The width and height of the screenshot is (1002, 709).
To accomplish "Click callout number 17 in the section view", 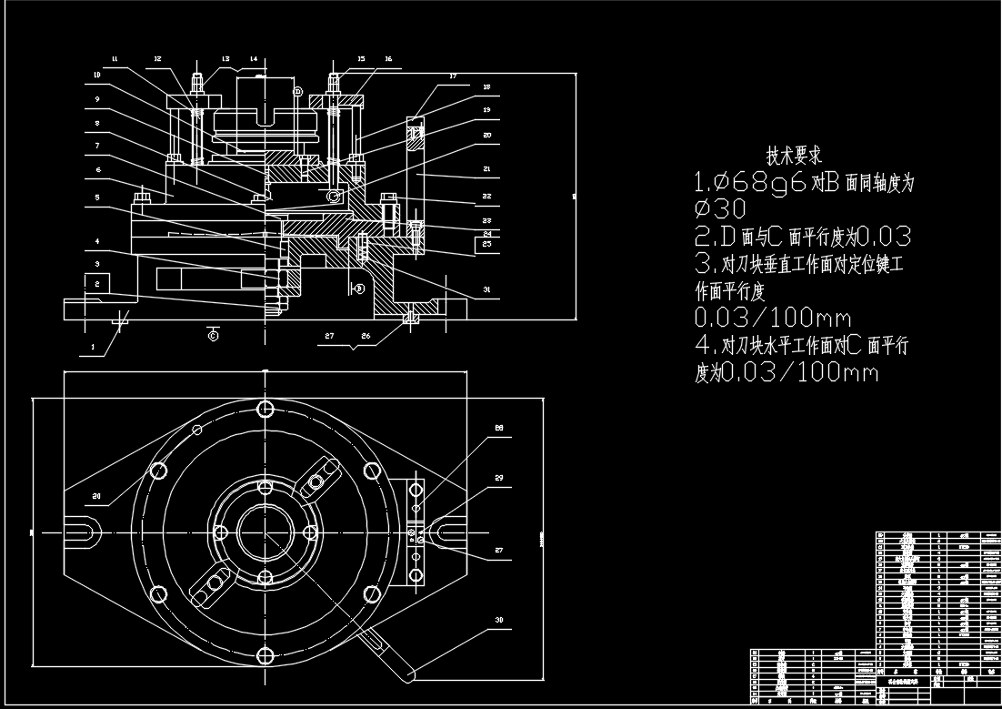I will click(x=452, y=78).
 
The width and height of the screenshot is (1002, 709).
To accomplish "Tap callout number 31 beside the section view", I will click(x=486, y=290).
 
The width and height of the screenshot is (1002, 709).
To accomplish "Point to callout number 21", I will click(x=486, y=169).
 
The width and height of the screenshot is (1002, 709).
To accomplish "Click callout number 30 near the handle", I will click(x=498, y=620).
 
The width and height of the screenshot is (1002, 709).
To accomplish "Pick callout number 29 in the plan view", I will click(x=498, y=478).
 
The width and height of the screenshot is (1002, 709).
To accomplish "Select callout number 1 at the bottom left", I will click(x=92, y=346).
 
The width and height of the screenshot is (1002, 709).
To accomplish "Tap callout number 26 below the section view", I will click(x=366, y=336).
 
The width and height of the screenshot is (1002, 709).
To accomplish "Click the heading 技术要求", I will click(x=794, y=156).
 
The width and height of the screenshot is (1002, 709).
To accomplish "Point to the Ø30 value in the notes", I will click(x=718, y=208).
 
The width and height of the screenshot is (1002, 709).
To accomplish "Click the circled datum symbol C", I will click(x=214, y=334).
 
